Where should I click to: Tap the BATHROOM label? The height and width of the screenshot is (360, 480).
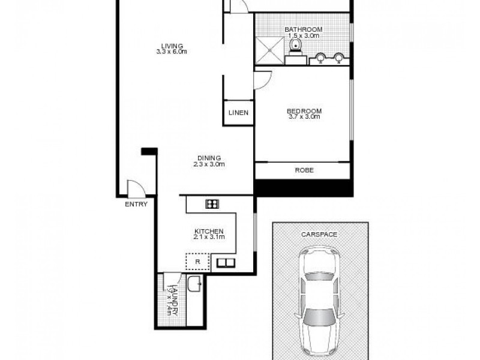304,29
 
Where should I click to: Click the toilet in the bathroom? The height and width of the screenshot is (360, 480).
295,47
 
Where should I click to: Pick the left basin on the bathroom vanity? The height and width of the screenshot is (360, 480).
321,58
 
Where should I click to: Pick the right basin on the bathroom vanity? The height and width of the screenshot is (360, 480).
339,58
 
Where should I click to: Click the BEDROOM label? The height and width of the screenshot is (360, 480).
304,111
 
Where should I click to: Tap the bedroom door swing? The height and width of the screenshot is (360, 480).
263,79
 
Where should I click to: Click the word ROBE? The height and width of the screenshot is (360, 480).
304,170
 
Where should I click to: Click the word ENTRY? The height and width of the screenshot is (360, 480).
136,204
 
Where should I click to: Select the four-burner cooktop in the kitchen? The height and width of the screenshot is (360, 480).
211,204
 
